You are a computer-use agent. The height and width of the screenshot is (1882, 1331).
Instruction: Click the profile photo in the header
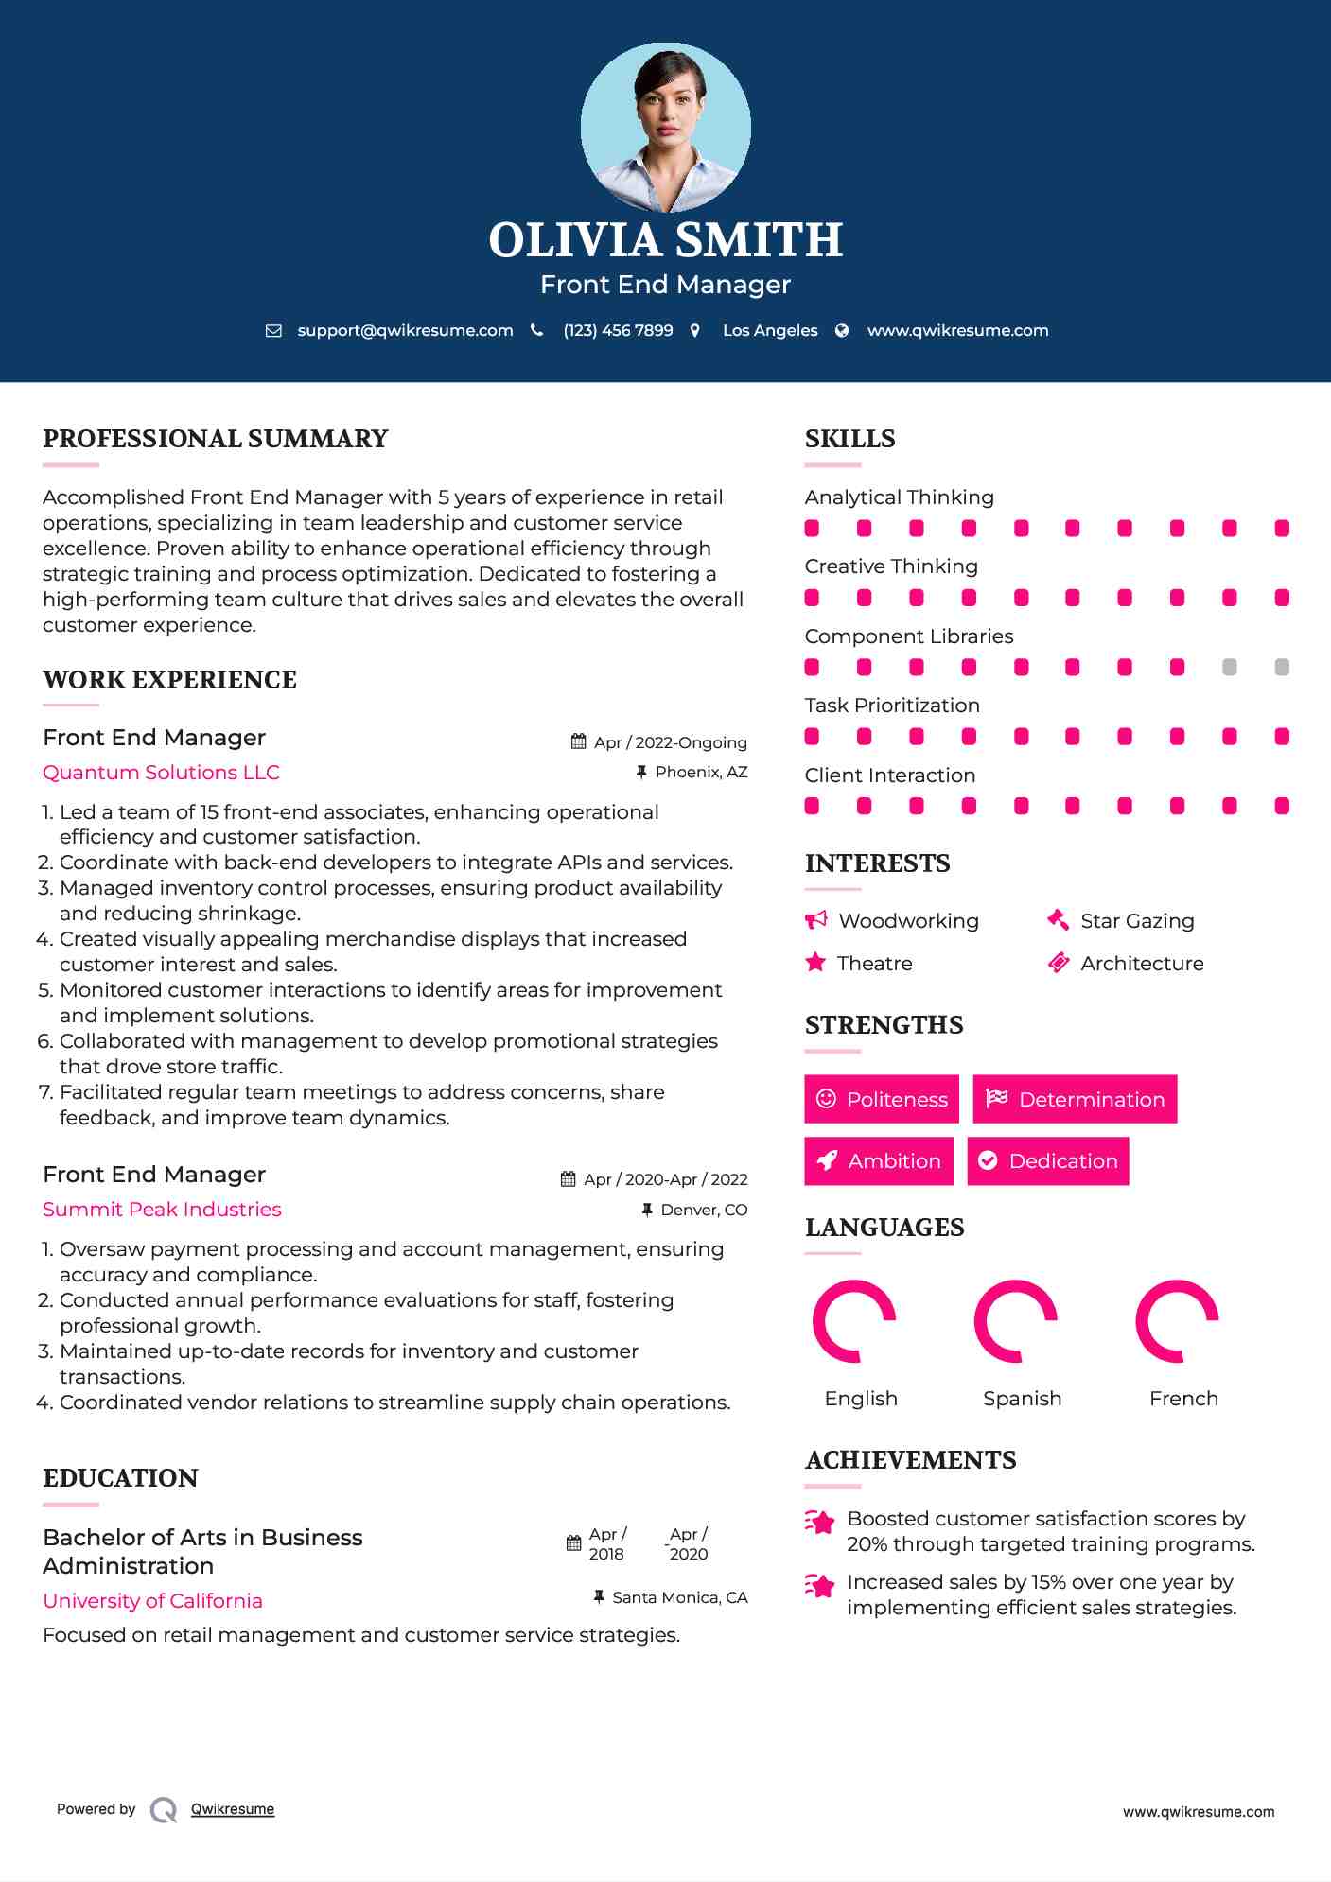665,127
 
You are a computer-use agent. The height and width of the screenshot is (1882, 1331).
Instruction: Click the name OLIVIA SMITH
665,240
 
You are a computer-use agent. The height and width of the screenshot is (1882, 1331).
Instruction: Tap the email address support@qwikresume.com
405,331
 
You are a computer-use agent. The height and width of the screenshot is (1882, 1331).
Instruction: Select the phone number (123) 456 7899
618,331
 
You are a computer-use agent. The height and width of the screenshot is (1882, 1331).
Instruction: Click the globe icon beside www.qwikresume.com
842,331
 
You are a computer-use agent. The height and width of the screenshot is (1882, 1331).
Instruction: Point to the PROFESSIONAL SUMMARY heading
216,439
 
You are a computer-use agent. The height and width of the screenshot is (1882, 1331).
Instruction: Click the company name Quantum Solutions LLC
161,773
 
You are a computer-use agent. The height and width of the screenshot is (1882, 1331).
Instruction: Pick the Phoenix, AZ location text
701,773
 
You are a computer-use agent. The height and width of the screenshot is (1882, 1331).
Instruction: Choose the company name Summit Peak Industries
162,1210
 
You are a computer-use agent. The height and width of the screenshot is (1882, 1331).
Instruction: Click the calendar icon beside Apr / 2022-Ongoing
579,742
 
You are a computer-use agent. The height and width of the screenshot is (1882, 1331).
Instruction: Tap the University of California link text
152,1601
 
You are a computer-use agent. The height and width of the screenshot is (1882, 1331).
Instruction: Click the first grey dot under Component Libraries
1229,668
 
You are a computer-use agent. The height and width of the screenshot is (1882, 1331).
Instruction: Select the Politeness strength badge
882,1099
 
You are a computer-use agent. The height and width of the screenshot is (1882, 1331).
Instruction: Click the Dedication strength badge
1048,1161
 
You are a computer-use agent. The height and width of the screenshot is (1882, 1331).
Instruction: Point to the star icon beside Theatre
815,963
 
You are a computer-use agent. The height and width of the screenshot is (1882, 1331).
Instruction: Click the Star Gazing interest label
1137,921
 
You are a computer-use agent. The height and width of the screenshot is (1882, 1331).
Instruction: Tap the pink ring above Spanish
1016,1321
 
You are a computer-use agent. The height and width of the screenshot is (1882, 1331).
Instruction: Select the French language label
1183,1399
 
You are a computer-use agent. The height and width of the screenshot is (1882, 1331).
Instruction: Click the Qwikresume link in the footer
233,1809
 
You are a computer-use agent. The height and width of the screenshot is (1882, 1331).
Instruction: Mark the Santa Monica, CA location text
679,1598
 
